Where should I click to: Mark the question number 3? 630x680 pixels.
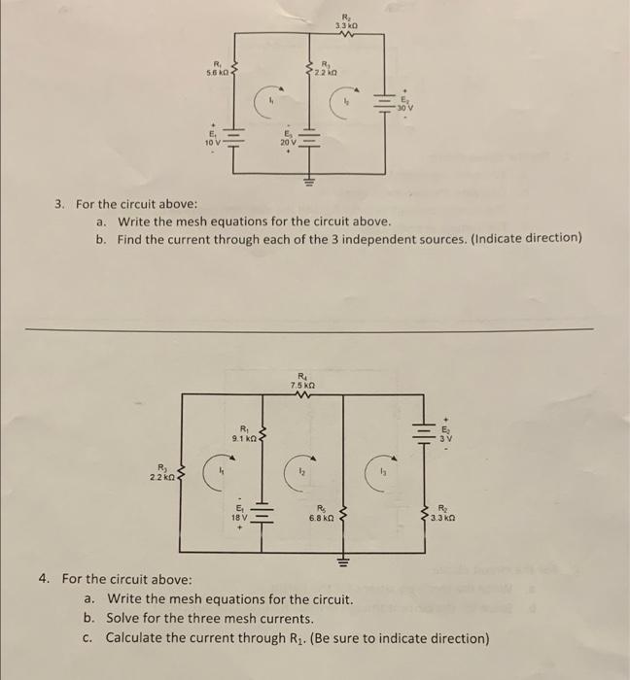point(59,204)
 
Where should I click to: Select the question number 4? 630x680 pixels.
point(45,579)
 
